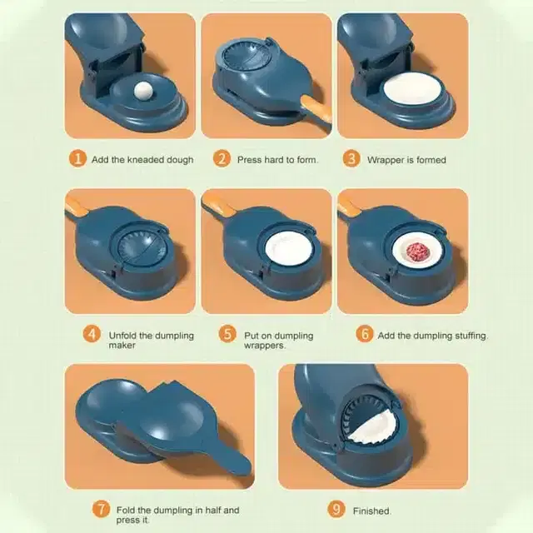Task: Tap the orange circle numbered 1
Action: click(77, 159)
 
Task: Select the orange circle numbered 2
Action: click(222, 159)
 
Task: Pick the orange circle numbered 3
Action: click(351, 159)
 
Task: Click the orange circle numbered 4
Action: click(92, 334)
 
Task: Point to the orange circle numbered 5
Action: click(227, 334)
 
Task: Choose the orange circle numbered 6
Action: click(365, 334)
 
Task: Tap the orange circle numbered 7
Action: click(101, 509)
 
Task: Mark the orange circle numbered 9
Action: click(336, 509)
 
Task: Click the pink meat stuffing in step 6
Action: click(418, 252)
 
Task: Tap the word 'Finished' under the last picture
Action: click(371, 511)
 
